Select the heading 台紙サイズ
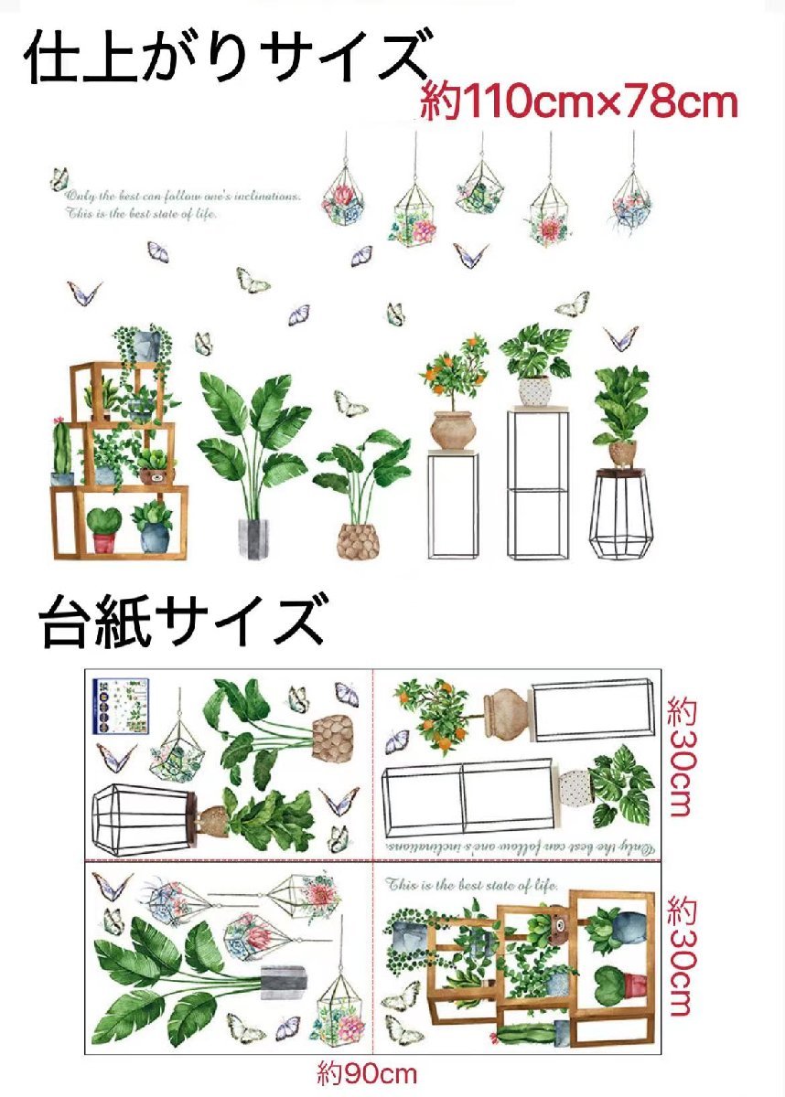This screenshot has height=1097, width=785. point(181,622)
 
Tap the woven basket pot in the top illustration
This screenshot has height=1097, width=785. point(359,540)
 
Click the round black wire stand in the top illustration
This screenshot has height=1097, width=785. point(620,513)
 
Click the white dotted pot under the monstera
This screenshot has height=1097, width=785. point(536,390)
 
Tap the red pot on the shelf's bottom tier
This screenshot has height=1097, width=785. point(103,541)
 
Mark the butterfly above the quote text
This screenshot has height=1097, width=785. point(59,177)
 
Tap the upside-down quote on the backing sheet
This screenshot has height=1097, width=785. point(518,847)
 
